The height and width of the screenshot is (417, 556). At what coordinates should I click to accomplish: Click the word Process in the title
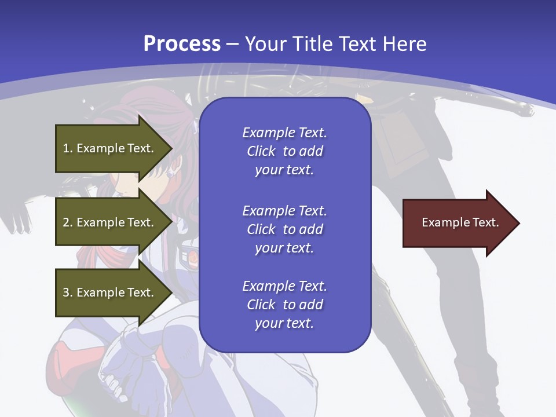(x=182, y=44)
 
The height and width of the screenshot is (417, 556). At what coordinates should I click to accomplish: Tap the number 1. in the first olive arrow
(x=68, y=148)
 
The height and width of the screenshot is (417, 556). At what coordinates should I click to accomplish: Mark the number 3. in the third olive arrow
(x=68, y=292)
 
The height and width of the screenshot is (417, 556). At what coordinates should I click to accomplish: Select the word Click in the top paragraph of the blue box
(x=261, y=152)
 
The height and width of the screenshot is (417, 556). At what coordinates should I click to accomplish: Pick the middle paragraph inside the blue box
(x=284, y=229)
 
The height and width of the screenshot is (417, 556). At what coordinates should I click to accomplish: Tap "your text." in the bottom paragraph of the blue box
(x=284, y=323)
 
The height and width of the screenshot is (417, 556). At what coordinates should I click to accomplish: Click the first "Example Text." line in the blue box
(x=284, y=133)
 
